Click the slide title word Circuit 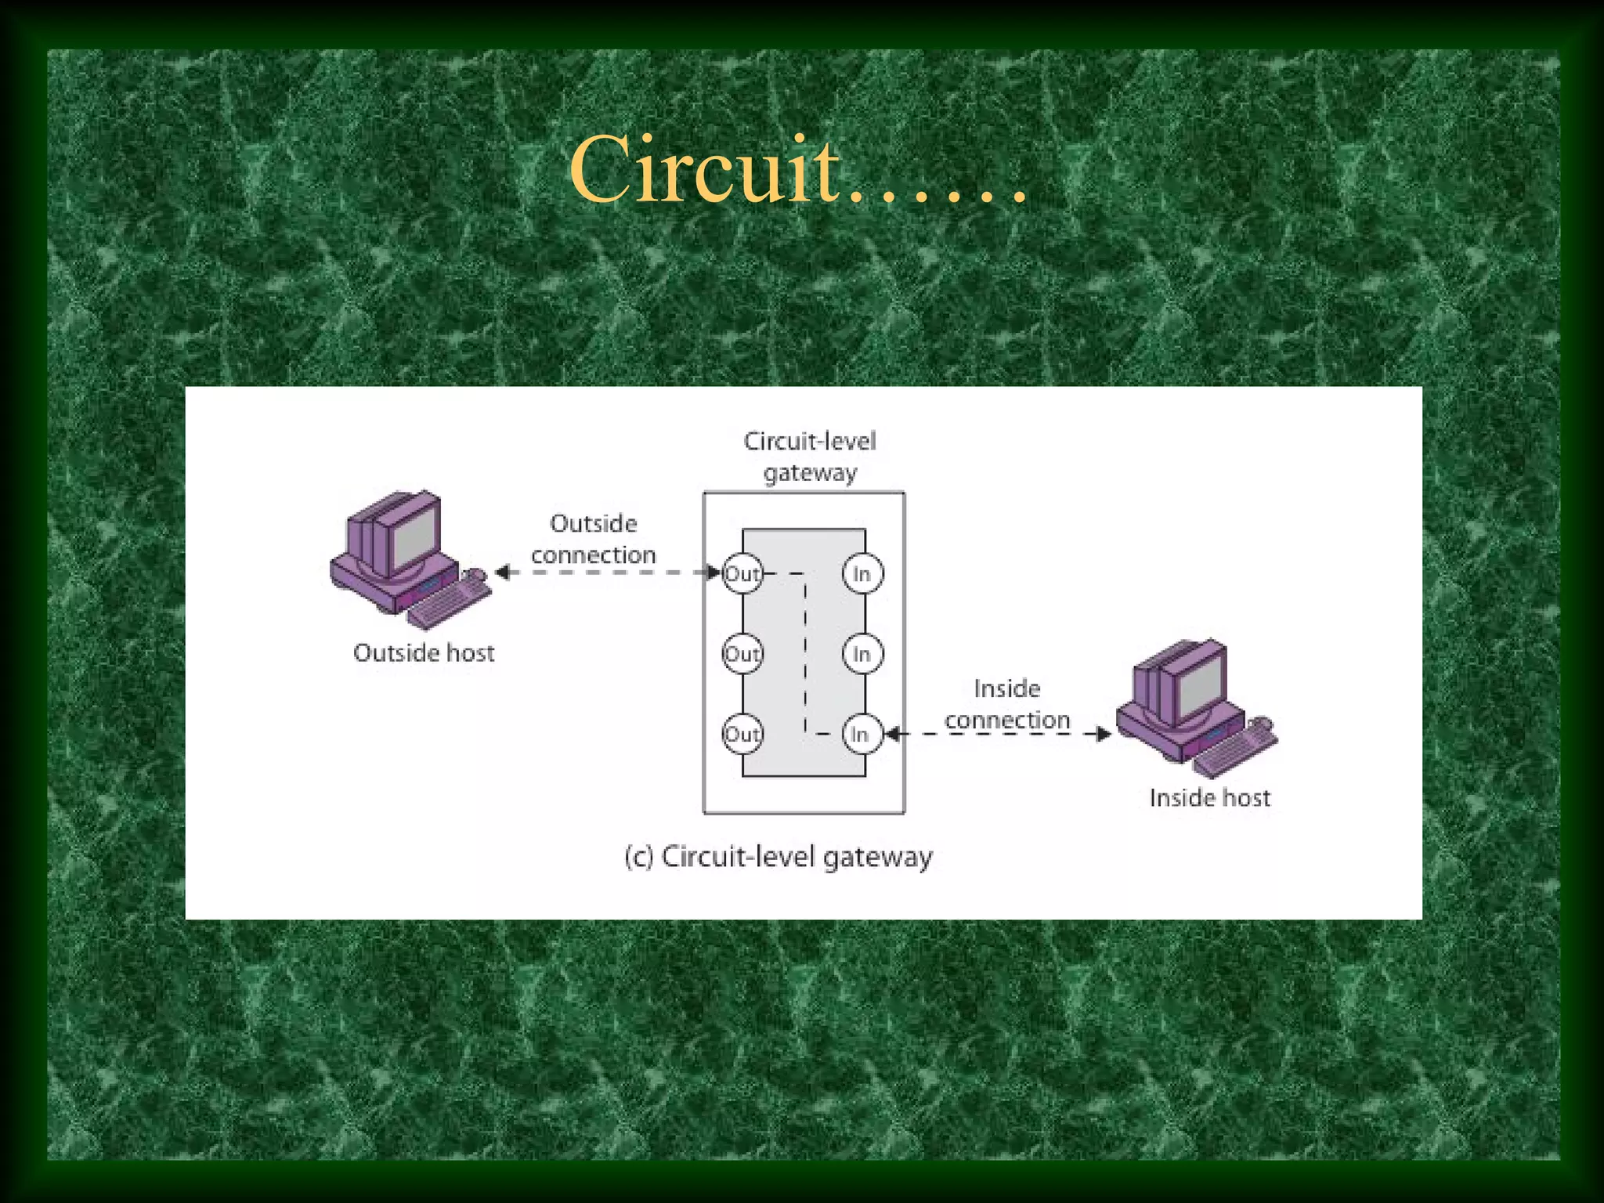click(x=705, y=171)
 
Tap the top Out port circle click(x=742, y=573)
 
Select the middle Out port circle click(x=742, y=654)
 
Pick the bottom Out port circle click(x=742, y=734)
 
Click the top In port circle click(x=862, y=573)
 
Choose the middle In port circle click(x=862, y=654)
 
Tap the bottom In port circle click(x=862, y=734)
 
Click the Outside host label click(x=424, y=652)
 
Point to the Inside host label click(x=1209, y=797)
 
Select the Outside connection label click(x=593, y=539)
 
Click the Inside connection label click(x=1006, y=704)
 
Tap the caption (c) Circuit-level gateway click(x=779, y=857)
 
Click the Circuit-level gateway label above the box click(x=810, y=457)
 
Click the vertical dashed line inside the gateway click(x=805, y=654)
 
